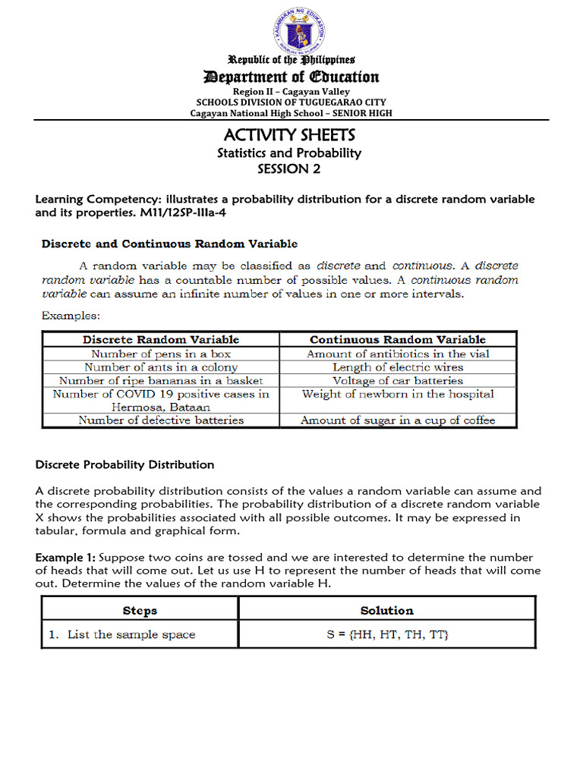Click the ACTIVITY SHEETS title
(x=289, y=135)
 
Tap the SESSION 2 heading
(x=288, y=169)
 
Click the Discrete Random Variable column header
(x=161, y=340)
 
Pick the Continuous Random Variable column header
(x=398, y=340)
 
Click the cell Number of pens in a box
(x=161, y=354)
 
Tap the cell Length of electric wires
(x=398, y=367)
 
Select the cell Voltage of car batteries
(x=398, y=381)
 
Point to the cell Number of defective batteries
(x=161, y=420)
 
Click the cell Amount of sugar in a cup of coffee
(x=398, y=420)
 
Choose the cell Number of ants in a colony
(x=161, y=367)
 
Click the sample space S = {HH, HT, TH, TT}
(x=388, y=634)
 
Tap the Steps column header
(x=140, y=610)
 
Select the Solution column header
(x=387, y=610)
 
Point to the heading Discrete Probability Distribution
(x=125, y=464)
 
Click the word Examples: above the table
(x=71, y=314)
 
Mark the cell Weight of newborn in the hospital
(x=398, y=395)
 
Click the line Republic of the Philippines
(x=292, y=60)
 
